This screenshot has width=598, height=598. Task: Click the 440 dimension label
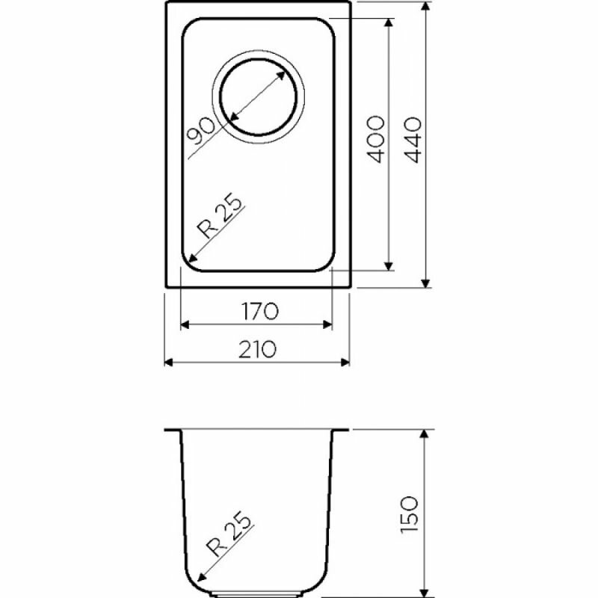413,140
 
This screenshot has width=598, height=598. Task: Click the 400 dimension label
375,140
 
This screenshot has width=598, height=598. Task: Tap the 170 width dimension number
260,311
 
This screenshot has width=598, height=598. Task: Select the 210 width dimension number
257,349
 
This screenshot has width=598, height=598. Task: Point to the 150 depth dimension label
410,515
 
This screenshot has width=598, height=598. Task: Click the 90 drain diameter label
203,131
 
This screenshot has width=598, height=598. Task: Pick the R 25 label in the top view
219,218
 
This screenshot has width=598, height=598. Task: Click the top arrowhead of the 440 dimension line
426,7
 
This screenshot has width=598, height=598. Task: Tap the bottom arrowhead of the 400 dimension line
389,265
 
